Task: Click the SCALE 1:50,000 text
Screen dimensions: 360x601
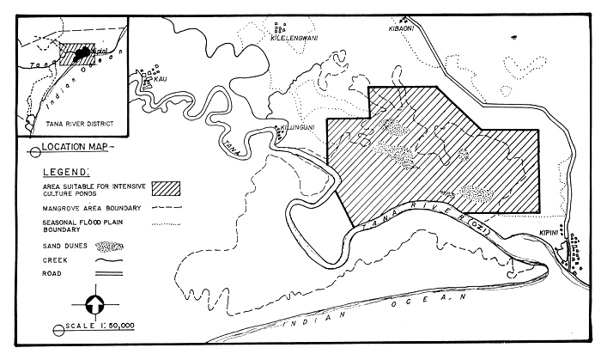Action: pyautogui.click(x=96, y=330)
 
